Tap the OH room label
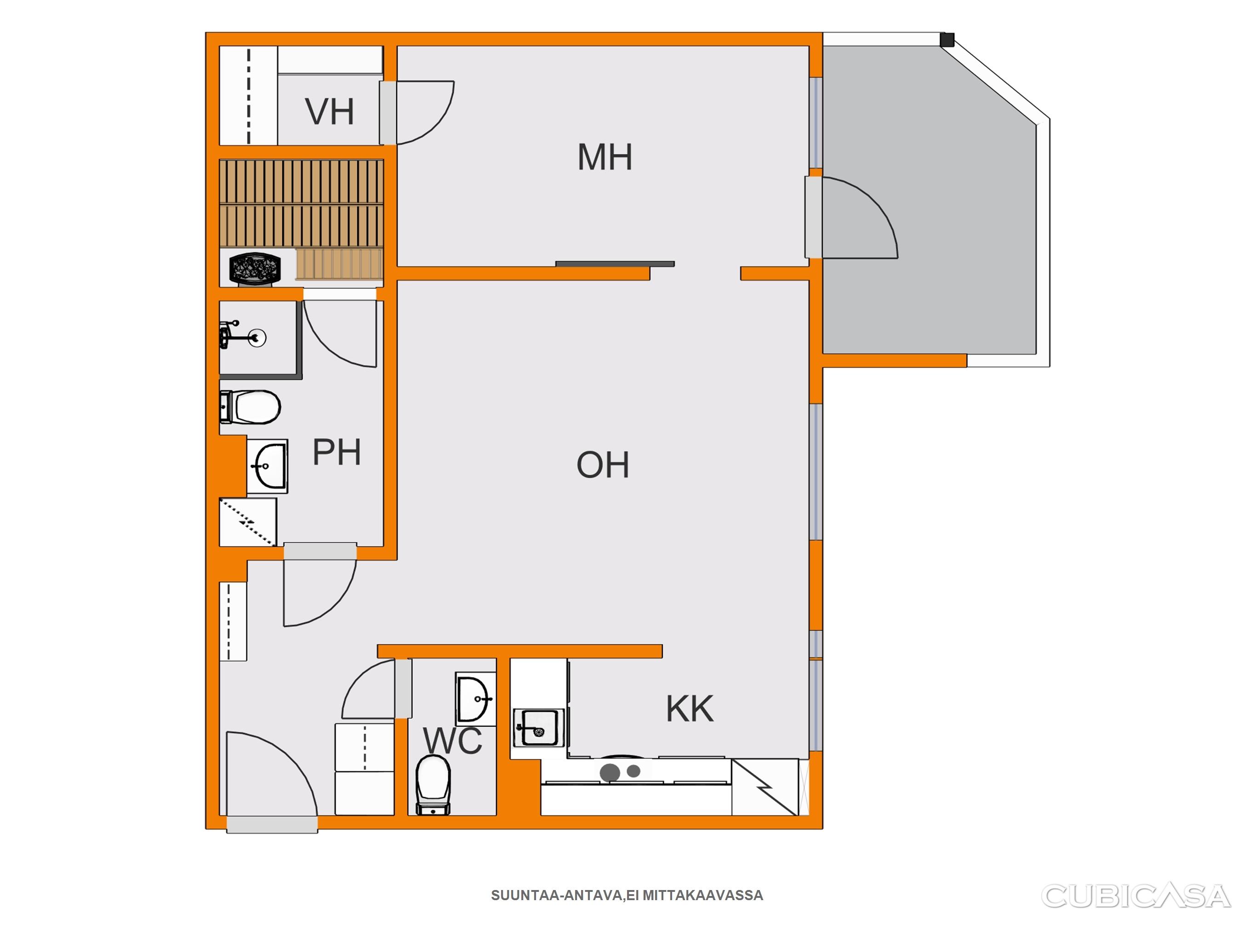coord(603,465)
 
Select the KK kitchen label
coord(690,709)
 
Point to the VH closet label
coord(330,111)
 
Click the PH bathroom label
coord(337,452)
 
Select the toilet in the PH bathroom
coord(250,407)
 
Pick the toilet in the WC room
coord(434,785)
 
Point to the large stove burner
coord(610,772)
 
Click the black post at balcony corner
coord(947,40)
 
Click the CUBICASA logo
coord(1136,896)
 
